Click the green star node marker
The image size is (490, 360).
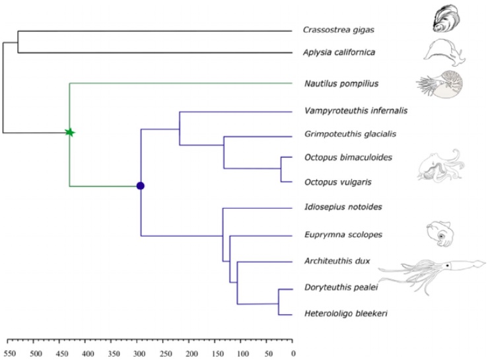click(70, 133)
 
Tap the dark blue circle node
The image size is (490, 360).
click(141, 186)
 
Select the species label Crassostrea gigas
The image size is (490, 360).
click(338, 30)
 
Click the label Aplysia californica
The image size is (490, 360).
click(339, 52)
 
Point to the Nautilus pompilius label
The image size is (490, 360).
click(341, 84)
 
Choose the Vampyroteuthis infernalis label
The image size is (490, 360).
click(356, 110)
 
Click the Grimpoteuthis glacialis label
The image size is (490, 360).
click(350, 134)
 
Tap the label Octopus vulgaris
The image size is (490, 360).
click(338, 182)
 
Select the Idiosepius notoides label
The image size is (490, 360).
click(343, 207)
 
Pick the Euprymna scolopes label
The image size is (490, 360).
click(343, 234)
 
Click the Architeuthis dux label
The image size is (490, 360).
click(337, 261)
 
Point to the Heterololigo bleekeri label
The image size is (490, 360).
click(346, 314)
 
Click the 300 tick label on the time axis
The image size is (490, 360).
click(139, 354)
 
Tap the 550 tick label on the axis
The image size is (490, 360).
click(10, 354)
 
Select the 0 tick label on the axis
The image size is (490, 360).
click(293, 354)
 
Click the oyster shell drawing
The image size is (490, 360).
click(446, 18)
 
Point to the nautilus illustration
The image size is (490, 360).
click(440, 84)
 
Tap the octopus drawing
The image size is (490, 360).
click(441, 165)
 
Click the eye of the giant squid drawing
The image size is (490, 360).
click(448, 266)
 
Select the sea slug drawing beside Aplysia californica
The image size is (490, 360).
click(444, 52)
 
